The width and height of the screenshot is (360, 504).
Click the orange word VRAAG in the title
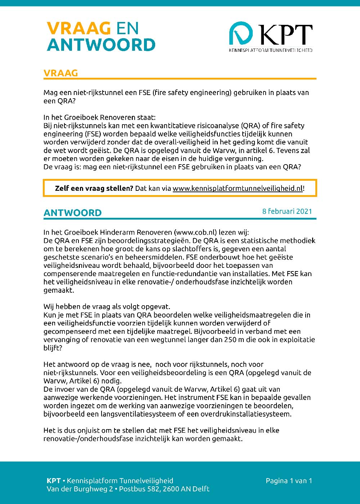point(78,28)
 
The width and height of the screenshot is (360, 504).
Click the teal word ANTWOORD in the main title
point(101,45)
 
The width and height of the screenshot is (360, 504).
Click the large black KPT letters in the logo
point(286,35)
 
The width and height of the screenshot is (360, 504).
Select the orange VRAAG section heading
point(60,73)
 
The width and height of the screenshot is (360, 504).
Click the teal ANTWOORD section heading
point(72,213)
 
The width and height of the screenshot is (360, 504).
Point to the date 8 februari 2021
point(287,211)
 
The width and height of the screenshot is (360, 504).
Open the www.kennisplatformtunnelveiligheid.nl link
point(238,188)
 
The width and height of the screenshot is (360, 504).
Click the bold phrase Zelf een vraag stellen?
point(94,188)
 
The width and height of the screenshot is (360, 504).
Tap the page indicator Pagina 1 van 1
point(289,481)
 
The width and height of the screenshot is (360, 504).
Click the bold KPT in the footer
point(54,481)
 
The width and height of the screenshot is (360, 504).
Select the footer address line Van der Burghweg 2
point(80,489)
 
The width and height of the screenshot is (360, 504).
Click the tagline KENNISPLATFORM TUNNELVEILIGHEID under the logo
point(271,50)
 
